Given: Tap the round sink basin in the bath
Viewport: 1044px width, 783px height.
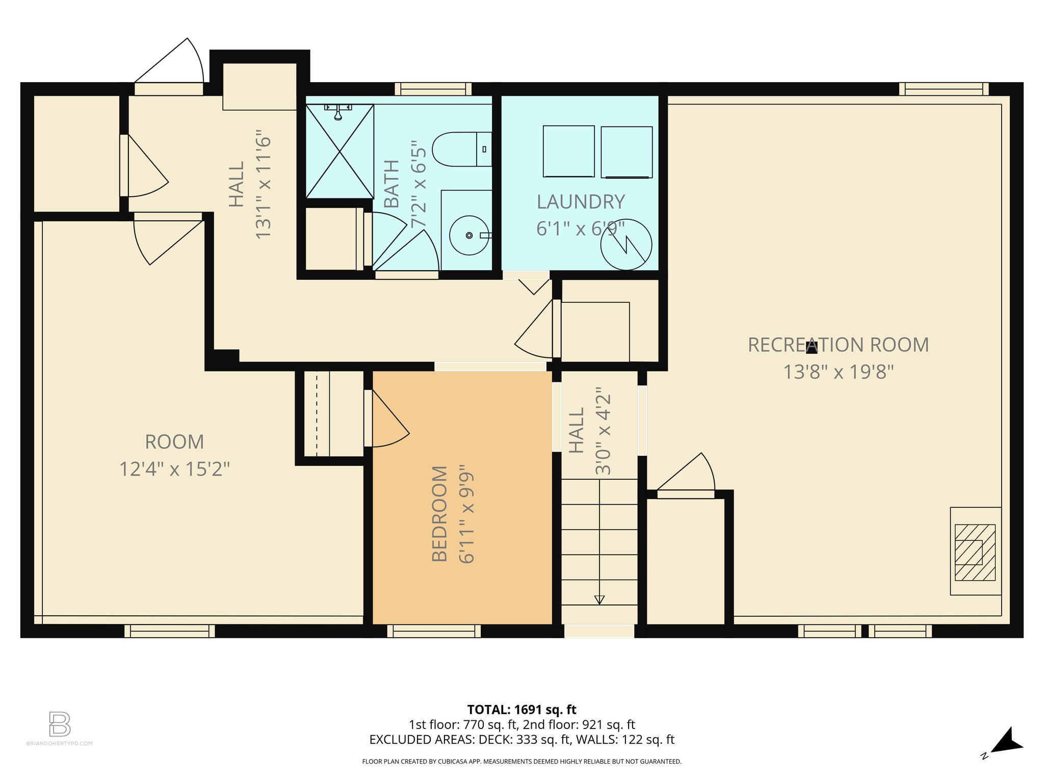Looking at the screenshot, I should (x=469, y=235).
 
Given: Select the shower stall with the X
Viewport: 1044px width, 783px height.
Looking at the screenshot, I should (x=340, y=151).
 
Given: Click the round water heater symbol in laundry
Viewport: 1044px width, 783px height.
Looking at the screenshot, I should (x=626, y=245).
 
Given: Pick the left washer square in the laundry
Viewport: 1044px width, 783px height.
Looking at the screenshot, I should (x=568, y=151).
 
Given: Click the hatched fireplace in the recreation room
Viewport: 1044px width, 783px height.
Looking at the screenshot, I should (x=975, y=552).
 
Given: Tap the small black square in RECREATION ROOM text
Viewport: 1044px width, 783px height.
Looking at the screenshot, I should (x=812, y=348).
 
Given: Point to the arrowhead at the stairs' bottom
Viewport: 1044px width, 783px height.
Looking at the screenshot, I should (x=599, y=600).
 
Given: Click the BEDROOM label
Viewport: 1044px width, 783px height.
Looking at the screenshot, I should (x=439, y=513).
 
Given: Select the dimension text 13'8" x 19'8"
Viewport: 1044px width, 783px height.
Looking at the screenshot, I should (x=839, y=372).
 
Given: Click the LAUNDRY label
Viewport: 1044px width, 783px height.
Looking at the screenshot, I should (x=581, y=202).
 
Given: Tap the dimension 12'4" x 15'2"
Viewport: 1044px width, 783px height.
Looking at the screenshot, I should (x=174, y=469).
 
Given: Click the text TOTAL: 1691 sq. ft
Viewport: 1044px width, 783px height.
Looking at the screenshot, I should (x=521, y=710).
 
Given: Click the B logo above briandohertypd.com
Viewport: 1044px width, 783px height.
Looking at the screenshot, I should (x=59, y=724).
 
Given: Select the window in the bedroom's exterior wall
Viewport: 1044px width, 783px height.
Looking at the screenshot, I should (x=434, y=631).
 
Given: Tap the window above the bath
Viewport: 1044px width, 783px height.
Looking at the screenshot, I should (x=433, y=89).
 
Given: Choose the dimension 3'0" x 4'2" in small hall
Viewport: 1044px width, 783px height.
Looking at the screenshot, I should (x=603, y=431).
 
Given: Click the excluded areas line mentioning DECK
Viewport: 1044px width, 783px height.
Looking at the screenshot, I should (x=521, y=739).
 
